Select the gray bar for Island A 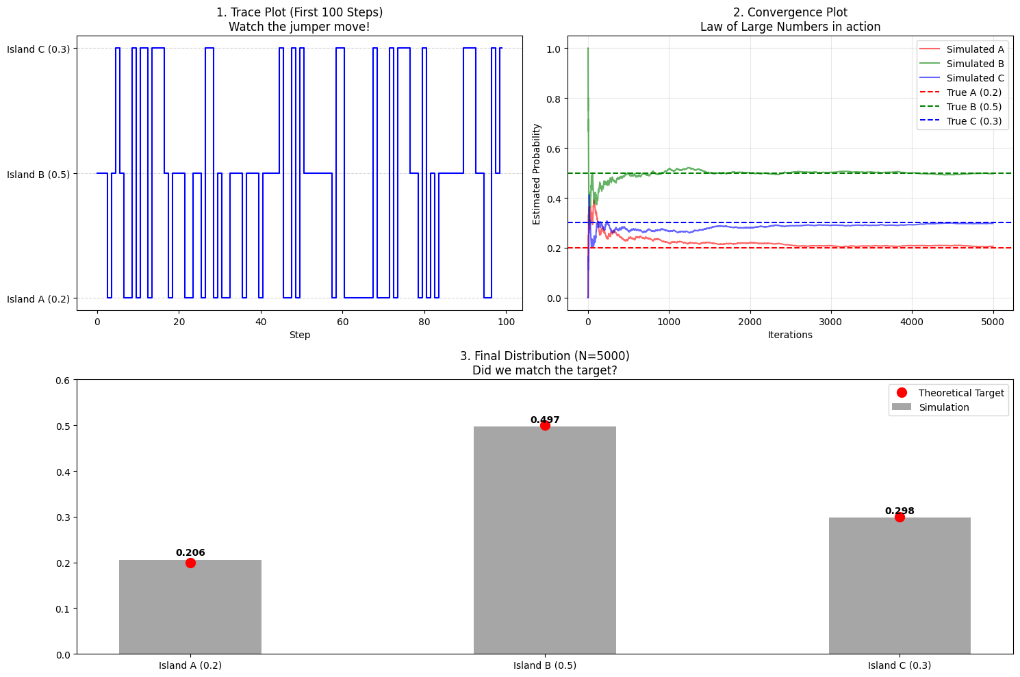click(x=190, y=606)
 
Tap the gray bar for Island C click(x=899, y=585)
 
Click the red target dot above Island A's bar click(x=190, y=563)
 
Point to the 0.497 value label click(x=545, y=420)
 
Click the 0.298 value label click(x=899, y=511)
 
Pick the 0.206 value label click(x=190, y=552)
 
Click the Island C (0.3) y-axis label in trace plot click(x=38, y=49)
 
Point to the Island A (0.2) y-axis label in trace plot click(x=38, y=299)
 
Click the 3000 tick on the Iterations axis click(x=830, y=322)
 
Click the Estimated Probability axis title click(x=537, y=174)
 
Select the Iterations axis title click(x=790, y=335)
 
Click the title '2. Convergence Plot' click(x=790, y=12)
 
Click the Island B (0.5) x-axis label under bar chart click(x=545, y=665)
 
